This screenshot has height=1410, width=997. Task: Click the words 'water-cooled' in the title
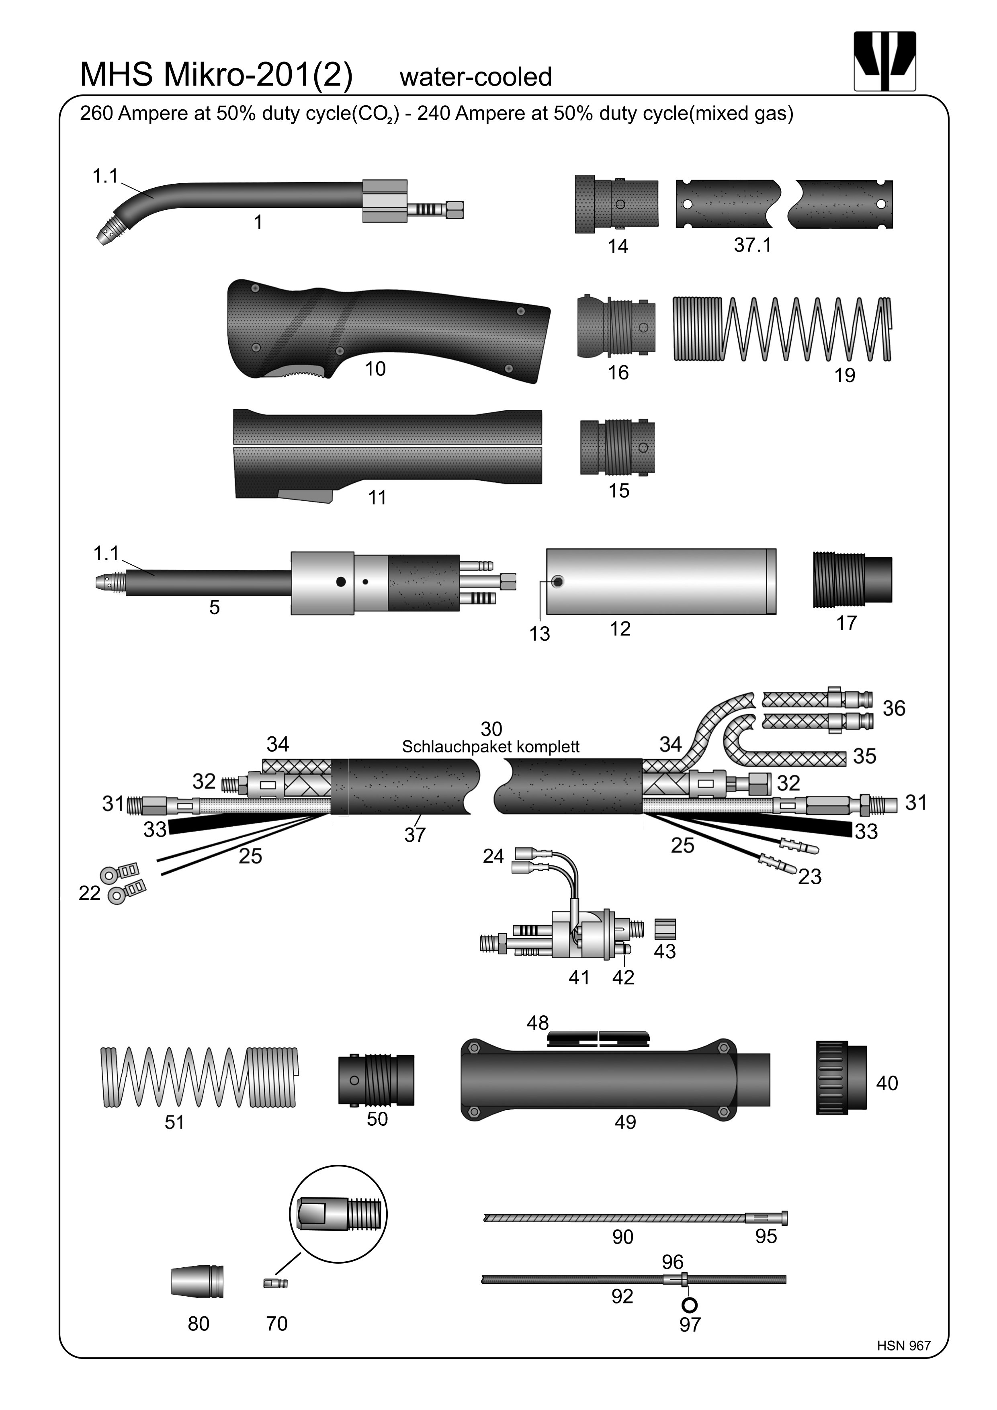[x=476, y=77]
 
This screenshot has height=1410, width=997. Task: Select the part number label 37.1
[x=752, y=245]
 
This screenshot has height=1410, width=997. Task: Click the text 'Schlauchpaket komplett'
[x=491, y=747]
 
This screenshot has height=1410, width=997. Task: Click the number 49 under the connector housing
[x=625, y=1122]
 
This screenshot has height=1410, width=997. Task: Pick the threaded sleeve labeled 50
[x=376, y=1080]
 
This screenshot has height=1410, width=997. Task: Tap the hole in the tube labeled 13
[x=557, y=582]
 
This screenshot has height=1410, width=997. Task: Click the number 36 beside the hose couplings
[x=894, y=708]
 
